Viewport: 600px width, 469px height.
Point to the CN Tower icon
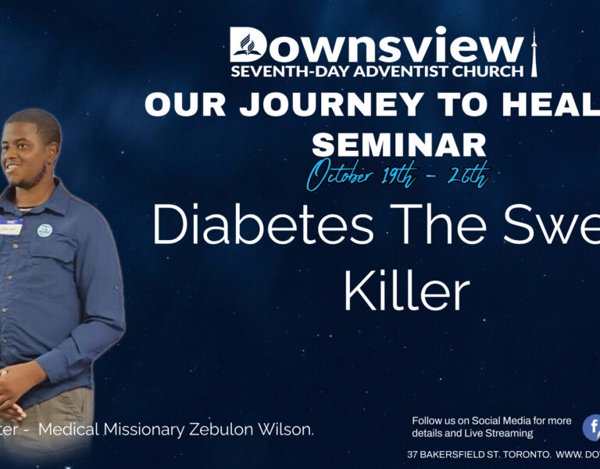point(534,52)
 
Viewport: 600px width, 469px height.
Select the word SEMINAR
point(398,144)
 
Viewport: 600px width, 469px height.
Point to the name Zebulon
point(241,430)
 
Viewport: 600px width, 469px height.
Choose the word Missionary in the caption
point(156,430)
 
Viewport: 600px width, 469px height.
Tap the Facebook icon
point(592,428)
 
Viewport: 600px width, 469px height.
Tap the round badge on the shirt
point(44,231)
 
